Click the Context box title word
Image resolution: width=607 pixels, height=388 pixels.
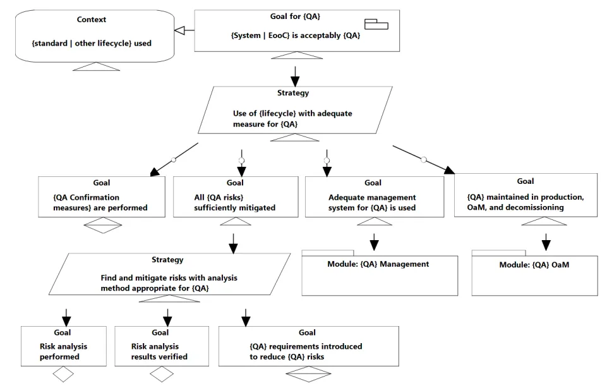click(x=92, y=20)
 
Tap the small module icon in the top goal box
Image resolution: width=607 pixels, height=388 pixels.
click(x=376, y=25)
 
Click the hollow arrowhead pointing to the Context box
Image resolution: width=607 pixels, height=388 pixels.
click(x=179, y=30)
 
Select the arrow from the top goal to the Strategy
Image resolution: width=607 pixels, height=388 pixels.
click(x=295, y=76)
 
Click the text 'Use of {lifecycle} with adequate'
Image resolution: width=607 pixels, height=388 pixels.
click(x=292, y=114)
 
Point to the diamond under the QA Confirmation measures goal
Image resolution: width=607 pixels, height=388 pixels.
click(x=103, y=226)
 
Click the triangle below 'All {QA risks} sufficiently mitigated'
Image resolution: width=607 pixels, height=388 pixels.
click(x=236, y=222)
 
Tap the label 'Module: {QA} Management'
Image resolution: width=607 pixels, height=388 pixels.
click(x=378, y=264)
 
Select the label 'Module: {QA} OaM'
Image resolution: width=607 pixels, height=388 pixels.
click(x=534, y=265)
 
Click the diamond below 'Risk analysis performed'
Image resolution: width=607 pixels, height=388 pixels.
click(x=63, y=375)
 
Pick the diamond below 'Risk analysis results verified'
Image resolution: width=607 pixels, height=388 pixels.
click(x=162, y=375)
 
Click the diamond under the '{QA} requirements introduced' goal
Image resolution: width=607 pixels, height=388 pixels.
click(x=308, y=374)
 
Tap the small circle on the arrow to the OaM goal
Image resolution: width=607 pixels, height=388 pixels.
click(x=424, y=159)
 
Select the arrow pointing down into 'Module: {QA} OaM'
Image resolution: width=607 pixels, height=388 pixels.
click(x=546, y=242)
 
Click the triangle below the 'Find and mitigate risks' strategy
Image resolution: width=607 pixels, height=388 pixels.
click(x=169, y=298)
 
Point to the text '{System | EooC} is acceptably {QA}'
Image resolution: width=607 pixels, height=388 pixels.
click(x=296, y=35)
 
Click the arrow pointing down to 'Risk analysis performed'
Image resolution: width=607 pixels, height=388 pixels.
click(x=66, y=318)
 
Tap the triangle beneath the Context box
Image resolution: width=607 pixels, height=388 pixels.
click(x=97, y=66)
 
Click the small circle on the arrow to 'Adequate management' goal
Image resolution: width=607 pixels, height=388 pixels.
click(x=327, y=161)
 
